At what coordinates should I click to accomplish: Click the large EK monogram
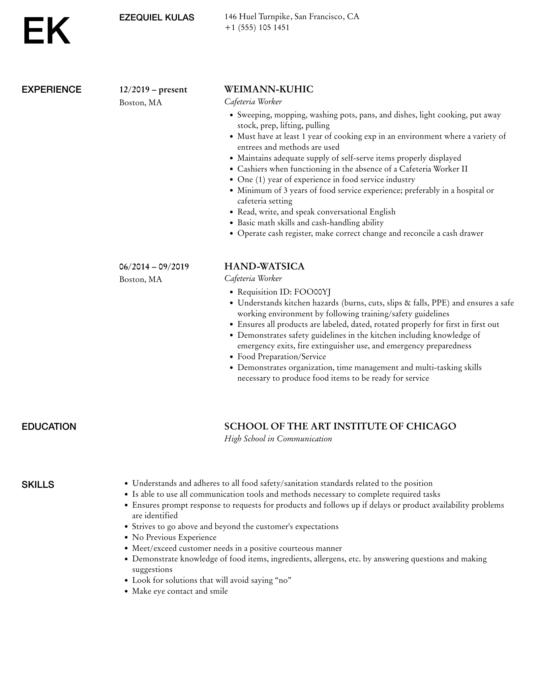[46, 31]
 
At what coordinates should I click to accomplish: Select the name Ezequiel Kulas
[157, 18]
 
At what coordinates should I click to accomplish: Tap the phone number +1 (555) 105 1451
[257, 28]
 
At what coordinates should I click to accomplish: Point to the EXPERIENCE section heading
[51, 90]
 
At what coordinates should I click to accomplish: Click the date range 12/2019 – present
[153, 90]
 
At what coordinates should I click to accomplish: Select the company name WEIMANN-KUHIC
[269, 89]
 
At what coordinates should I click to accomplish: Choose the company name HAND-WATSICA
[264, 266]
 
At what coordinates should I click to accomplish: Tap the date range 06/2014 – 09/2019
[154, 267]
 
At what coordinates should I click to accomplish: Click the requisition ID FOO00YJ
[312, 292]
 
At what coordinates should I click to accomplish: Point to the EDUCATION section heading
[49, 427]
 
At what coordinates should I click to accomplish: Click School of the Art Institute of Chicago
[340, 426]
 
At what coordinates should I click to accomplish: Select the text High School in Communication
[278, 439]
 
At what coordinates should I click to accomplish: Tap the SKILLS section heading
[38, 485]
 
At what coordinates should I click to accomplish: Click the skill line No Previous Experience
[174, 537]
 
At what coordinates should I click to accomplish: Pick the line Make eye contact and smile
[180, 591]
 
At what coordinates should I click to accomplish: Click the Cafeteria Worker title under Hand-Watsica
[253, 279]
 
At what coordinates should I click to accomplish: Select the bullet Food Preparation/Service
[282, 357]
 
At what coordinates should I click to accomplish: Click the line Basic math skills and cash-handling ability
[311, 223]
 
